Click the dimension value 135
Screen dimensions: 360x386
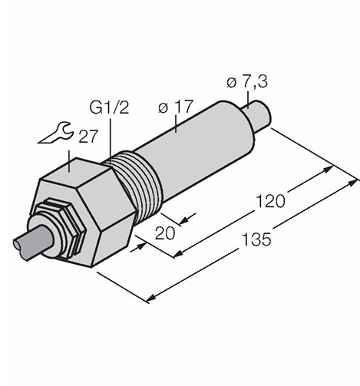(256, 239)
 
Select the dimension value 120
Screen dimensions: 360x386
(270, 201)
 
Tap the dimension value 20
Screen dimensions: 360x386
(165, 233)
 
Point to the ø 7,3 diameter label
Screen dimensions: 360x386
(247, 82)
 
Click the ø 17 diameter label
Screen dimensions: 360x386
(175, 107)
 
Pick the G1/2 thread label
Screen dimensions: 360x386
(109, 107)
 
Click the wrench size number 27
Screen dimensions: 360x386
(88, 137)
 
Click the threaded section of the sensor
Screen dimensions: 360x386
(140, 179)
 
